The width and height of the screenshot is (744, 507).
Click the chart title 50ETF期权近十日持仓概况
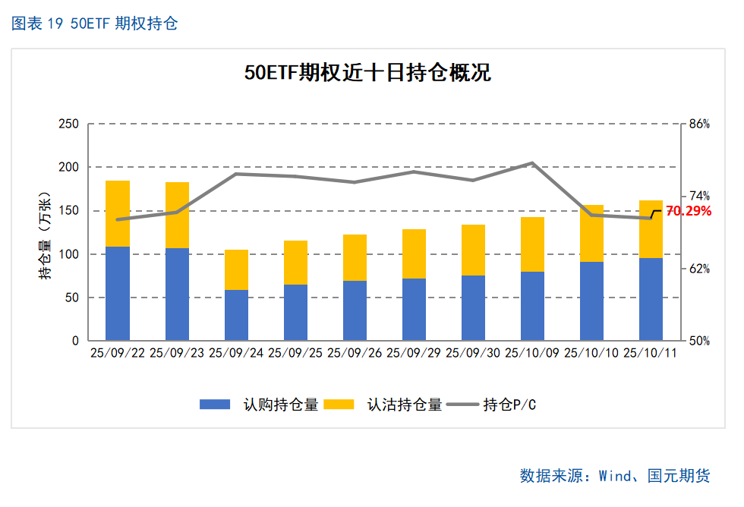(367, 73)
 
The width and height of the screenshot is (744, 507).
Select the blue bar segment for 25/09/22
(118, 293)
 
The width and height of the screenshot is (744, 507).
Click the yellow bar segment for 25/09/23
(177, 215)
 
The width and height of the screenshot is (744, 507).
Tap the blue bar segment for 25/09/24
(236, 315)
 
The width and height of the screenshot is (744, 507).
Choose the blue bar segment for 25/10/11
(651, 299)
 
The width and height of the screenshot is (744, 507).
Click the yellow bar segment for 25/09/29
(414, 253)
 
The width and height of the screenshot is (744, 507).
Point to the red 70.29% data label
(689, 211)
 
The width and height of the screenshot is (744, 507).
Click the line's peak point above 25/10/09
(532, 163)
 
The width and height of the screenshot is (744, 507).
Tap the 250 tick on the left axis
(68, 124)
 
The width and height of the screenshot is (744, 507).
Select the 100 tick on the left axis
(68, 254)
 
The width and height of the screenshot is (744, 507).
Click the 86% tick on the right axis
(698, 124)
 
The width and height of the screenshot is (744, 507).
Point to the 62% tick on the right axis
(698, 269)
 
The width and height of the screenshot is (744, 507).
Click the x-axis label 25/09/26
(355, 354)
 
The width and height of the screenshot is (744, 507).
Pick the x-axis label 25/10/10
(591, 354)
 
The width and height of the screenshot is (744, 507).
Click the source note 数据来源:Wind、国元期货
(615, 476)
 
